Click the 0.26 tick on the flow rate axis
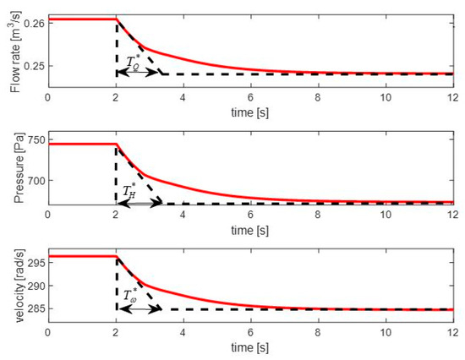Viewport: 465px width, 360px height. (32, 24)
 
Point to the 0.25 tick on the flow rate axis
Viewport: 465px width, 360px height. (32, 65)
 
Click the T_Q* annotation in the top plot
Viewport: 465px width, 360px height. (134, 62)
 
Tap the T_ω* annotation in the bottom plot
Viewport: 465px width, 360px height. (133, 297)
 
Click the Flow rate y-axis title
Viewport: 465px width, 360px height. (10, 48)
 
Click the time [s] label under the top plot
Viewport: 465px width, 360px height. (250, 111)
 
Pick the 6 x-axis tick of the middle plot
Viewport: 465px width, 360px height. (250, 215)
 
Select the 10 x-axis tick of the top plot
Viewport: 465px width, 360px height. (386, 96)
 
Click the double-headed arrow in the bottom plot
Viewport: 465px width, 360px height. (139, 308)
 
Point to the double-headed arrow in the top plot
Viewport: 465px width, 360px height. (139, 74)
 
